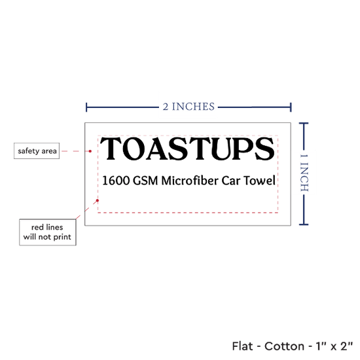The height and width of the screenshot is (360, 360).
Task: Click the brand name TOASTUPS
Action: pos(187,149)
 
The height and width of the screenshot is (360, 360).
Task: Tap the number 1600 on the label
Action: pos(116,181)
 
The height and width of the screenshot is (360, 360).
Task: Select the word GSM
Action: pos(145,181)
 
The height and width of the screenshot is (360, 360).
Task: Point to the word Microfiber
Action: pos(190,180)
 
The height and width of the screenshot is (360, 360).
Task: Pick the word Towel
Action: pos(259,180)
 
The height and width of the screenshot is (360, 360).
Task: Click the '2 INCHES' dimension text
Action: pos(189,107)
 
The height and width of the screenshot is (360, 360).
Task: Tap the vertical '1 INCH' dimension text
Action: pos(304,173)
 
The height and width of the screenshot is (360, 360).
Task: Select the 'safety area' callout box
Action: pos(37,151)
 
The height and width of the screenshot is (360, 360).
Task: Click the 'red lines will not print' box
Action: pos(48,232)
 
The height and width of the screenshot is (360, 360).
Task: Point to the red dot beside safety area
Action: pos(90,151)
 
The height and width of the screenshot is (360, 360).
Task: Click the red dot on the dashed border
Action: pos(98,200)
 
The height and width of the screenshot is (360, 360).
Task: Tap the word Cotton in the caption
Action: pos(284,346)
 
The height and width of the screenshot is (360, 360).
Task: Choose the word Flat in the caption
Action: pos(242,346)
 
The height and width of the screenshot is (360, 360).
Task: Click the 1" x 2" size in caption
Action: pos(334,346)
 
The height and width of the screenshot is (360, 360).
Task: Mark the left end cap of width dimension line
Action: pos(86,107)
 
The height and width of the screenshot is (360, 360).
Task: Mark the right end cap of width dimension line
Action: pos(291,107)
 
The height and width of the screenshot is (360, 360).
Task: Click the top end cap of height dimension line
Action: pos(304,124)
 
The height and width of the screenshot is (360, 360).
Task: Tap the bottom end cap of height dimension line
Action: pos(304,225)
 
